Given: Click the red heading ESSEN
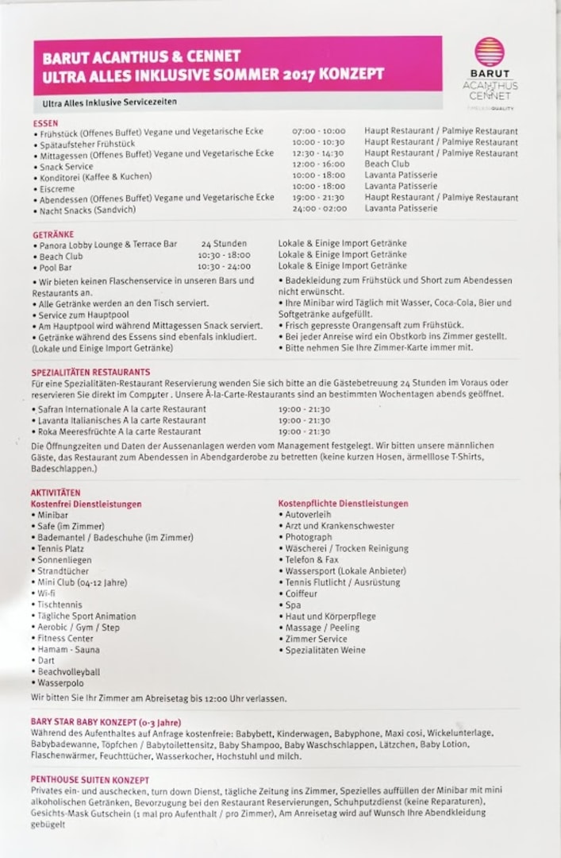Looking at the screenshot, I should [45, 122].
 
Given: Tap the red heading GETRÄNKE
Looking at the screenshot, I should [53, 235].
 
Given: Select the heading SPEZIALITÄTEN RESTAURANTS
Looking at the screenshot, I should [90, 372].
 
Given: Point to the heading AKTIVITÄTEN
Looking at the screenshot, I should [56, 493].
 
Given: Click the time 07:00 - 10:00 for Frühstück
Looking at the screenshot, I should [318, 131].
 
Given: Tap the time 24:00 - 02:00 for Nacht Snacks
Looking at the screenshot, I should [318, 209].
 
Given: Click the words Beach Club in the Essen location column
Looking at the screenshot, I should [386, 164].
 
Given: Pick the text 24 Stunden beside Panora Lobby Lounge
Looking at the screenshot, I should [224, 244].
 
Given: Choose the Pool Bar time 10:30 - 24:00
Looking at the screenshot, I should [224, 267].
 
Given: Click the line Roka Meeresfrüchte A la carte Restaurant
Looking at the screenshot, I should [119, 431].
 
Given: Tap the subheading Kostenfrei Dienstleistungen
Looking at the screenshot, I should [86, 504].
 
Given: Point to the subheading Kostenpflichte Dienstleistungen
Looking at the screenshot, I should [343, 504].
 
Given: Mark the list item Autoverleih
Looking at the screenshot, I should [308, 515].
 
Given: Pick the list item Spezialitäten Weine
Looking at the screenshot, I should [325, 650].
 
